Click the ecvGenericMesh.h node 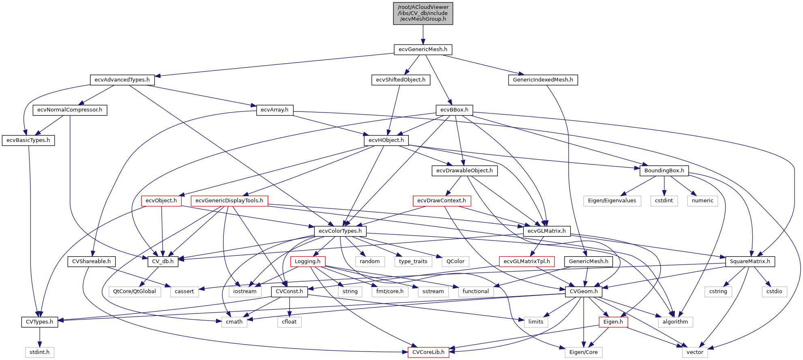pyautogui.click(x=423, y=49)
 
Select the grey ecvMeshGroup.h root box pyautogui.click(x=423, y=13)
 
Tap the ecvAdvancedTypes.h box pyautogui.click(x=122, y=80)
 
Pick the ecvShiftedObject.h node pyautogui.click(x=400, y=80)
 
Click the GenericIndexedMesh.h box pyautogui.click(x=543, y=80)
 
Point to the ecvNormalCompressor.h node pyautogui.click(x=70, y=110)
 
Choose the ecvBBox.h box pyautogui.click(x=454, y=110)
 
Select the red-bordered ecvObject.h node pyautogui.click(x=161, y=201)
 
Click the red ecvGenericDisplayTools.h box pyautogui.click(x=229, y=201)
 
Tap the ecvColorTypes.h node pyautogui.click(x=340, y=231)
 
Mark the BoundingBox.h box pyautogui.click(x=664, y=171)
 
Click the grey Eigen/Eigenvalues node pyautogui.click(x=612, y=201)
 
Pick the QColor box pyautogui.click(x=455, y=261)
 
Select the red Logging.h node pyautogui.click(x=307, y=261)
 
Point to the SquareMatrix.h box pyautogui.click(x=749, y=261)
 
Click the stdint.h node pyautogui.click(x=39, y=352)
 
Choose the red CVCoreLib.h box pyautogui.click(x=428, y=352)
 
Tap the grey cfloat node pyautogui.click(x=289, y=322)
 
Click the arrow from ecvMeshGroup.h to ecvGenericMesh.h pyautogui.click(x=423, y=34)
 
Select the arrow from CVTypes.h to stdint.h pyautogui.click(x=39, y=337)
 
